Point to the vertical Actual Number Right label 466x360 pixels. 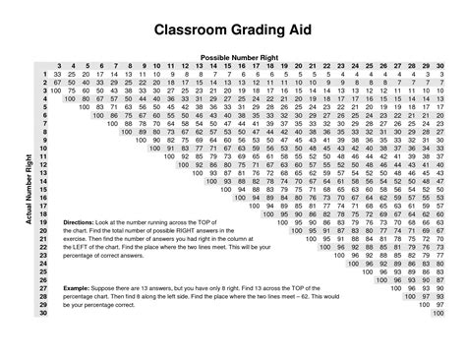point(18,193)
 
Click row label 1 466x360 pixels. point(44,74)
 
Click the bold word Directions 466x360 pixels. point(76,221)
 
